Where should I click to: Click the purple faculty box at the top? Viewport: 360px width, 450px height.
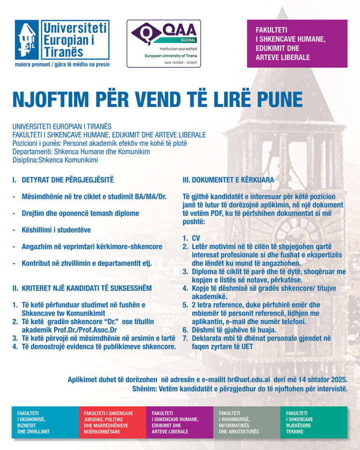297,44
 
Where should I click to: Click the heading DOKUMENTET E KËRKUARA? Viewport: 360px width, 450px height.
228,180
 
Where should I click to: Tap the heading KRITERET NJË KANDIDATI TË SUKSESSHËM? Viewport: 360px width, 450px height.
82,288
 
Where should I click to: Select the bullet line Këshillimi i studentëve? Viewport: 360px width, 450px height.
56,230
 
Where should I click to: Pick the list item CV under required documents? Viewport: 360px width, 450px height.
195,239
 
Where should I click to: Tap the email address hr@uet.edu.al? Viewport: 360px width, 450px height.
246,379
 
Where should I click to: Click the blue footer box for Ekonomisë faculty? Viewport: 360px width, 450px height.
45,422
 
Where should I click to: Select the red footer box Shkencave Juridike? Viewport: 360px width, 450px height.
112,422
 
